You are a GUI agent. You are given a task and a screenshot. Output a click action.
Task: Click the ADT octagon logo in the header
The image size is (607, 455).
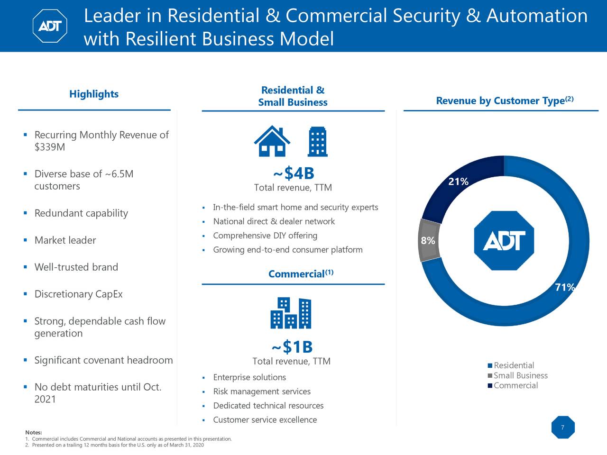point(50,26)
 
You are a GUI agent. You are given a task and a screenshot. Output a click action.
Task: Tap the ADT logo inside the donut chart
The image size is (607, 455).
point(504,241)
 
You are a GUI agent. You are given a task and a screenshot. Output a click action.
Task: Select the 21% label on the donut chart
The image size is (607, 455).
point(458,182)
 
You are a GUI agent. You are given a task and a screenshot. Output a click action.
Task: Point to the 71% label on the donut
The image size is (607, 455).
point(565,287)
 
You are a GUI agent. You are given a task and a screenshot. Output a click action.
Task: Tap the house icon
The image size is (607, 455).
point(272,141)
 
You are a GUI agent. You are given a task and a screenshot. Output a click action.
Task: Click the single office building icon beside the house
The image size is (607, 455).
point(317,141)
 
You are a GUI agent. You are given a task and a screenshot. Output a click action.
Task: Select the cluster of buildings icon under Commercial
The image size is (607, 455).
point(291,313)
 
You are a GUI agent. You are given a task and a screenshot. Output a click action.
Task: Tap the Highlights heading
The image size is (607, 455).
point(94,94)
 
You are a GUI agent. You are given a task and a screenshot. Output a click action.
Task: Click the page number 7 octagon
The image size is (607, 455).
point(563,428)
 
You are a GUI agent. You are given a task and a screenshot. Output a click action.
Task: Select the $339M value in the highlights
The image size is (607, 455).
point(50,147)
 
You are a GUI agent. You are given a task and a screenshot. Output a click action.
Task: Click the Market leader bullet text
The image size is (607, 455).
point(65,240)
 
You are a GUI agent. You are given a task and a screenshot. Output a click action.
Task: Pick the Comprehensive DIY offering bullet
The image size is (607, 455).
point(265,236)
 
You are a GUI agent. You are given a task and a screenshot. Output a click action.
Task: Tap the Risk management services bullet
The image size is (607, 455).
point(262,391)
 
